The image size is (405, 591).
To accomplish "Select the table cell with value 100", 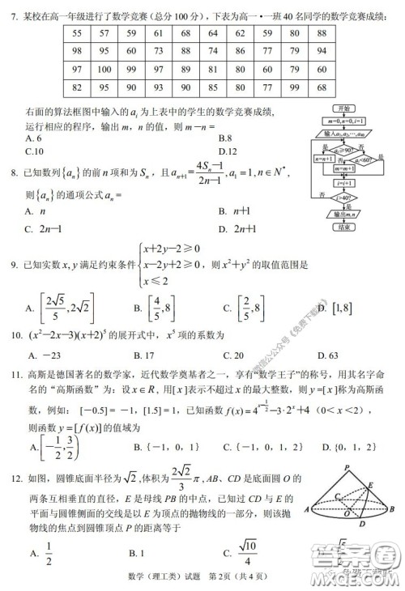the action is (x=103, y=69).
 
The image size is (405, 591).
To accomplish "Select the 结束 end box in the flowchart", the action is (x=347, y=227).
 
